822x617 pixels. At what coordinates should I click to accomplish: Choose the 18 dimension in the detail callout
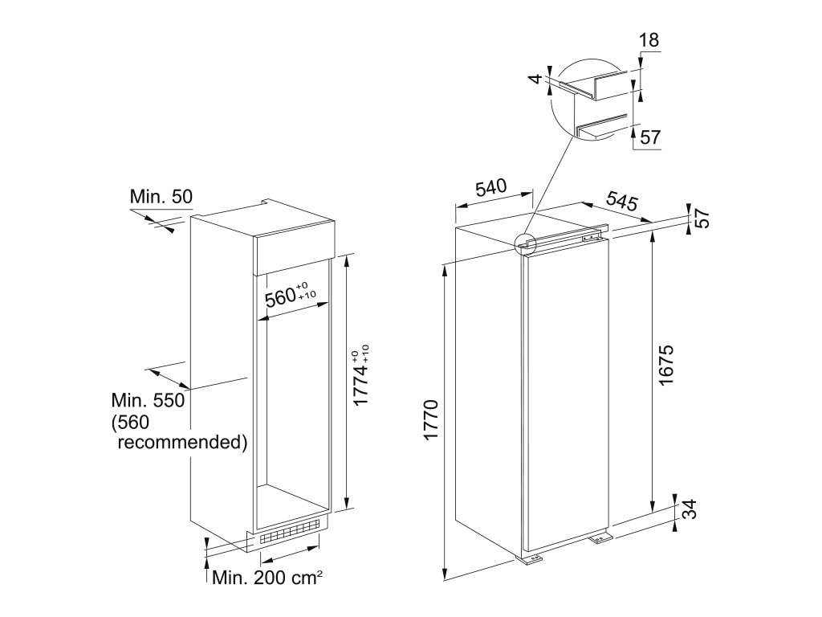[x=650, y=40]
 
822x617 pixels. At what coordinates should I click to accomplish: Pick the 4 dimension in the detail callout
[x=535, y=80]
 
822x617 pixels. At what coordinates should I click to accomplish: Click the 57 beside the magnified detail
[x=650, y=137]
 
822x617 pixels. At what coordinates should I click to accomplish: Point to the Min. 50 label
[x=161, y=196]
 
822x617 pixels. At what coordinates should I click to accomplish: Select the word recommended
[x=181, y=442]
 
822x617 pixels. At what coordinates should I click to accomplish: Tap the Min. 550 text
[x=149, y=401]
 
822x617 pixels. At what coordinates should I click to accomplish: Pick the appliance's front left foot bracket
[x=532, y=560]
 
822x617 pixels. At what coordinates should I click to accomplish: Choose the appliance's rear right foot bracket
[x=600, y=538]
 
